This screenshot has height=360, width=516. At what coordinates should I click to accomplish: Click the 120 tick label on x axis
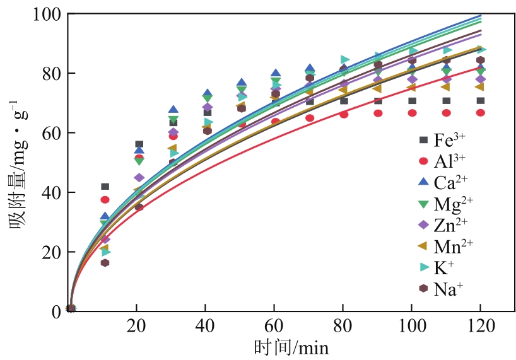pyautogui.click(x=480, y=327)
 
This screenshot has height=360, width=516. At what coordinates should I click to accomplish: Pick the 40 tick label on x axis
pyautogui.click(x=206, y=327)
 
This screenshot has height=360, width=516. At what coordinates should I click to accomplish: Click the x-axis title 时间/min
pyautogui.click(x=291, y=347)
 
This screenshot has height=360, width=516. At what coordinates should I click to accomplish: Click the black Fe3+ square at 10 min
pyautogui.click(x=105, y=187)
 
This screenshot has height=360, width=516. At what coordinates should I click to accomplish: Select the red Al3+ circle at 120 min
pyautogui.click(x=480, y=113)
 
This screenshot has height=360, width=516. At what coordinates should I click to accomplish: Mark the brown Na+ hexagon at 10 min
pyautogui.click(x=105, y=262)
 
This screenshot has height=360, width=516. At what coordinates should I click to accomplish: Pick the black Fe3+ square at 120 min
pyautogui.click(x=480, y=101)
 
